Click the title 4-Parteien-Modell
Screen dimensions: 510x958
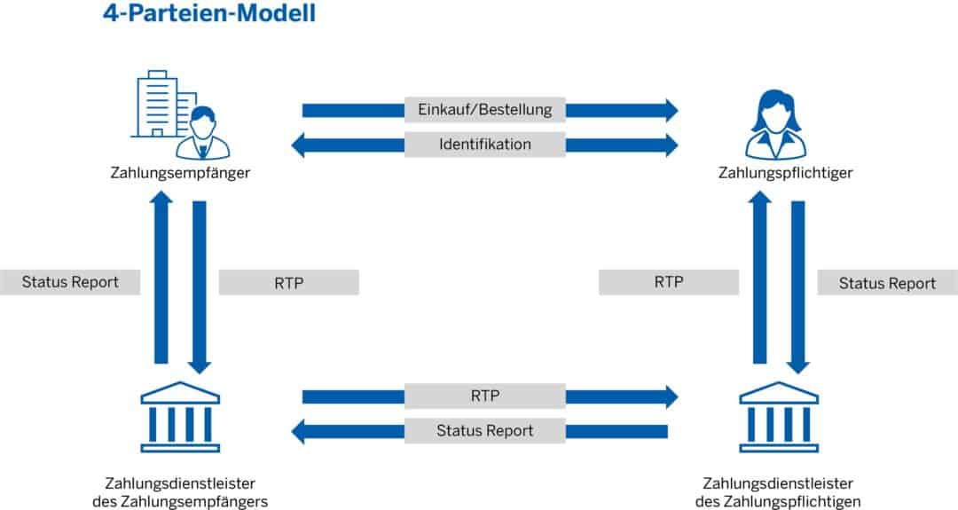point(208,15)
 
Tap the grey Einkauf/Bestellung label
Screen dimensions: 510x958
point(484,110)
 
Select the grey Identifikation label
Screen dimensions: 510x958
point(484,144)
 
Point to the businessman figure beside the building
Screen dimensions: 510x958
point(202,133)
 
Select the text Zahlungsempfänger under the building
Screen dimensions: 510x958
point(180,173)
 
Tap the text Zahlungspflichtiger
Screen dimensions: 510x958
point(785,173)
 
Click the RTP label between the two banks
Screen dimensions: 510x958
point(484,396)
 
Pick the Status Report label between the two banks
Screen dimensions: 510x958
point(484,430)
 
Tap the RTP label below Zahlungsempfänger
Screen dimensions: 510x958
point(288,283)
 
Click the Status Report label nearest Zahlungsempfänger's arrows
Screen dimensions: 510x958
point(71,282)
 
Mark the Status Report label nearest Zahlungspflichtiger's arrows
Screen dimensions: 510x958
point(887,283)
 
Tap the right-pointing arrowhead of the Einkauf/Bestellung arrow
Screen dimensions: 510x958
point(670,110)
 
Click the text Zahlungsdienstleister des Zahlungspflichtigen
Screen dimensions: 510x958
point(778,492)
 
